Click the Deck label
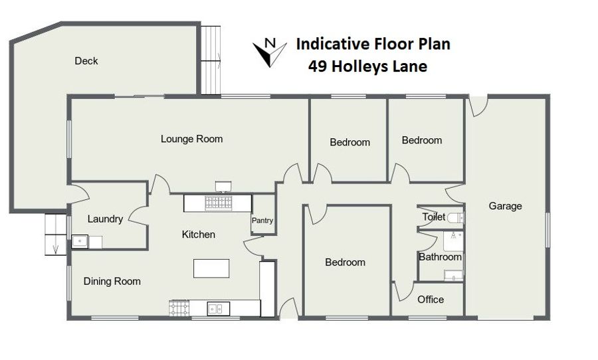[x=86, y=61]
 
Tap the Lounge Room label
[x=191, y=139]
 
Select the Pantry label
[x=262, y=221]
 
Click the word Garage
[x=506, y=207]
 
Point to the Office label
[x=431, y=300]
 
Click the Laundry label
[x=105, y=219]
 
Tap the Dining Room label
[x=112, y=282]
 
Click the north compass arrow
[x=270, y=53]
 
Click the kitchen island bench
[x=211, y=268]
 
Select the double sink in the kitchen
[x=219, y=308]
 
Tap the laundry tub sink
[x=80, y=242]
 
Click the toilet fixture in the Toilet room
[x=456, y=218]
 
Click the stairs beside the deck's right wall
[x=211, y=60]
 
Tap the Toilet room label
[x=434, y=217]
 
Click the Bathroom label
[x=440, y=257]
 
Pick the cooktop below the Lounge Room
[x=218, y=203]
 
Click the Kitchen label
[x=198, y=234]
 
